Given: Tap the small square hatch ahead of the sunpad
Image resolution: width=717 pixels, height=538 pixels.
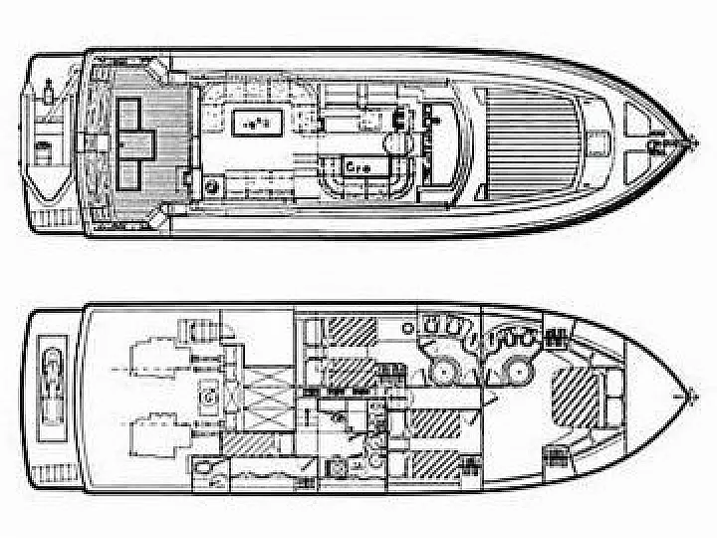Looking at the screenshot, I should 601,140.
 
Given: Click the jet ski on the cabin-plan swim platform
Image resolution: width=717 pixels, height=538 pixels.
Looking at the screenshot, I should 49,378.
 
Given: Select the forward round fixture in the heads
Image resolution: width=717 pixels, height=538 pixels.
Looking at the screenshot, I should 514,372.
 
